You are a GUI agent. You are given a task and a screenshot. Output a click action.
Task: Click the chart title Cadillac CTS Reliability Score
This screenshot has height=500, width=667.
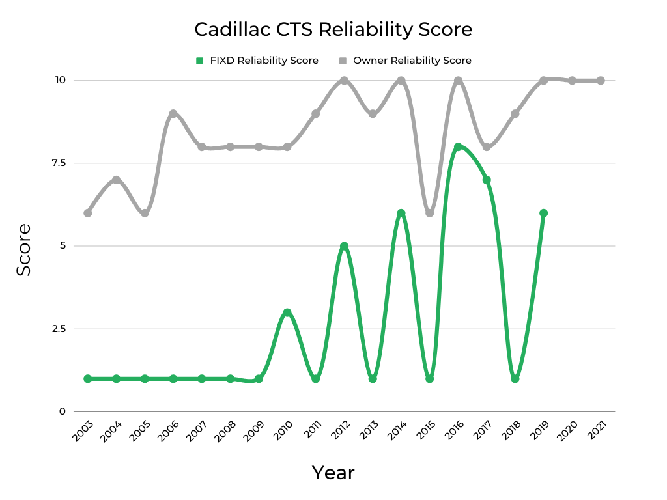point(333,30)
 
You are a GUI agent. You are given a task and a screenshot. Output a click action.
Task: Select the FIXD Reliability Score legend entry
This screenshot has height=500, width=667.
point(257,61)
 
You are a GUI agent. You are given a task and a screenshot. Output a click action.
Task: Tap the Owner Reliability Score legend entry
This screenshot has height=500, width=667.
point(405,61)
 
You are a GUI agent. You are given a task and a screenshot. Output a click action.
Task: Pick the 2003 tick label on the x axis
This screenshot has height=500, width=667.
point(83,432)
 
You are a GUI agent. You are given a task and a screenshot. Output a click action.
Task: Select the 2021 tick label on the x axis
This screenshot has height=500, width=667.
point(597,432)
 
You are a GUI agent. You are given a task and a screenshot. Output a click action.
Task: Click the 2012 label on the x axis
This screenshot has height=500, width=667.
point(340,432)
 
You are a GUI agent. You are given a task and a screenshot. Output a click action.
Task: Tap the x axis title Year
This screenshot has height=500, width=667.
point(333,473)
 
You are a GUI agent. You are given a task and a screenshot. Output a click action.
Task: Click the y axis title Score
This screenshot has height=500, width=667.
point(24,249)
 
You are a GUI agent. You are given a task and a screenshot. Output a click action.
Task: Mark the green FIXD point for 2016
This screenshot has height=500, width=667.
point(458,147)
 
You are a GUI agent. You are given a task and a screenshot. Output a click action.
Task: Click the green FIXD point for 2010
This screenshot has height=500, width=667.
point(287,312)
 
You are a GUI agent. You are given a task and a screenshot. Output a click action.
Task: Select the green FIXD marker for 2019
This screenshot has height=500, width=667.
point(543,213)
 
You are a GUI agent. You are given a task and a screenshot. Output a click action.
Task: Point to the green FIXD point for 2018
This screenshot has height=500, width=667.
point(515,378)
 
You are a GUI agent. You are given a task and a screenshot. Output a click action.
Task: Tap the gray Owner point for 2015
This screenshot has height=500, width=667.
point(429,213)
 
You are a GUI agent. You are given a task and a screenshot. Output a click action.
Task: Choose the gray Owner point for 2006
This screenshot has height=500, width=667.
point(173,114)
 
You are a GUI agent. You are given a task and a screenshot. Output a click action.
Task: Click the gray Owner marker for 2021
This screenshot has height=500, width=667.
point(601,81)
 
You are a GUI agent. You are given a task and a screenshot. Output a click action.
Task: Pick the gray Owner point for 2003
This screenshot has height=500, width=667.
point(88,213)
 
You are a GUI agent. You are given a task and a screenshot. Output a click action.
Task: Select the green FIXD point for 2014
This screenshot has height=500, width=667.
point(401,213)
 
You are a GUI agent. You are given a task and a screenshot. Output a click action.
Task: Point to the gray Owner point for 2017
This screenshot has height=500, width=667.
point(487,147)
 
